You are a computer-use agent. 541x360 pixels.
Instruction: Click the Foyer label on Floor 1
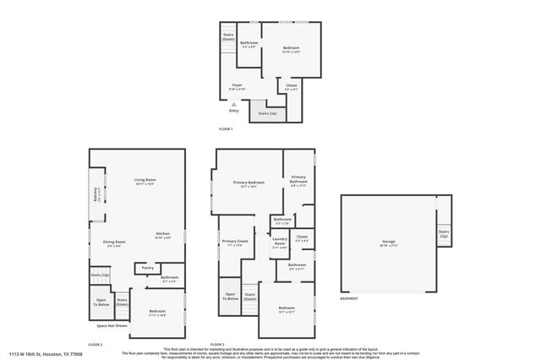(x=238, y=85)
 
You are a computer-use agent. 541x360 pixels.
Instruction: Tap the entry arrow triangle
(x=234, y=104)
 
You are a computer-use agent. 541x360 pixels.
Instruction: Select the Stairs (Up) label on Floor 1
(x=267, y=112)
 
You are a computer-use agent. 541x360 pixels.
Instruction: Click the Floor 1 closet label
(x=291, y=85)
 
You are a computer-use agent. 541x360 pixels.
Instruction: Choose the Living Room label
(x=145, y=181)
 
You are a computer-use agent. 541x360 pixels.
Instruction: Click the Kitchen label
(x=162, y=235)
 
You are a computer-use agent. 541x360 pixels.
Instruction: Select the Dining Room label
(x=114, y=243)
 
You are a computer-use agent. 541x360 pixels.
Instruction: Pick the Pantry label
(x=147, y=268)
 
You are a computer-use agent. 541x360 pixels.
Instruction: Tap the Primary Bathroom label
(x=298, y=179)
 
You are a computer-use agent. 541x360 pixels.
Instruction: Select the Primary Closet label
(x=235, y=243)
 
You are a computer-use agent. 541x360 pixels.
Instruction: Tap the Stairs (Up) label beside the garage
(x=444, y=233)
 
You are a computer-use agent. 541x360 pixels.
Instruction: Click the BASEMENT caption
(x=348, y=298)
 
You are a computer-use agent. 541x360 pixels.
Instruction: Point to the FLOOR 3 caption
(x=217, y=344)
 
